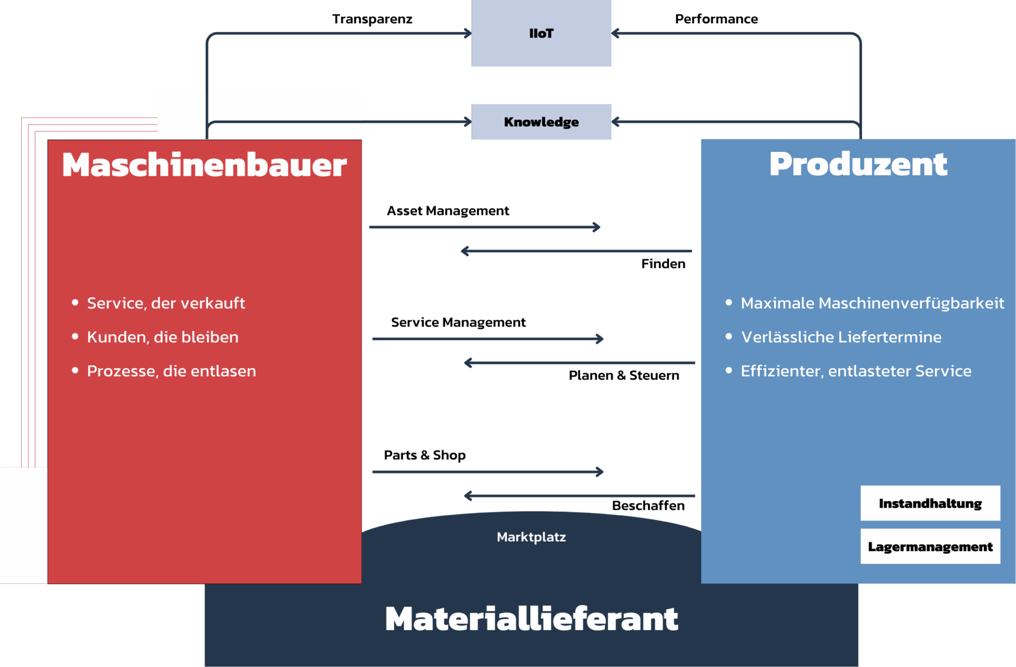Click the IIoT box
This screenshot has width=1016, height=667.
(541, 33)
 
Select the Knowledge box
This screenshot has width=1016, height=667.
(541, 122)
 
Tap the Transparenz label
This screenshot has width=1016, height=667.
(372, 20)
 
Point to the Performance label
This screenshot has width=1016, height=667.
(716, 20)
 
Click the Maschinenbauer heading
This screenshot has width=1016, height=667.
(204, 165)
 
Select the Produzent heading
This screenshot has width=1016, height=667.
(858, 164)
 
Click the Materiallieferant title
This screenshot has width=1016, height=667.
(531, 619)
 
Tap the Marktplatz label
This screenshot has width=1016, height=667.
(531, 537)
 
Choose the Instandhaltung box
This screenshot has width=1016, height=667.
(930, 503)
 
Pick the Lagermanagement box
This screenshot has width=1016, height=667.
(930, 547)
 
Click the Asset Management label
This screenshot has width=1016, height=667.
(448, 211)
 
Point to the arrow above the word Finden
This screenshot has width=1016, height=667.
(576, 251)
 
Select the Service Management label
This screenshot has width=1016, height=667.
(458, 322)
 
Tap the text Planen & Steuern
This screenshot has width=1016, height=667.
(624, 376)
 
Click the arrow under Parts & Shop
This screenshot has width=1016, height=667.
(487, 472)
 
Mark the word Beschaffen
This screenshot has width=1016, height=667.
(648, 506)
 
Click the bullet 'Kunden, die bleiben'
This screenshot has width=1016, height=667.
(162, 337)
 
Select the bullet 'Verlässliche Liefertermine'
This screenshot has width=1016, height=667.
(841, 337)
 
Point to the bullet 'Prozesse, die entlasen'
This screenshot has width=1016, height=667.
(171, 371)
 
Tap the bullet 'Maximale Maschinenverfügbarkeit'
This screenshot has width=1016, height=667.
(872, 303)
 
